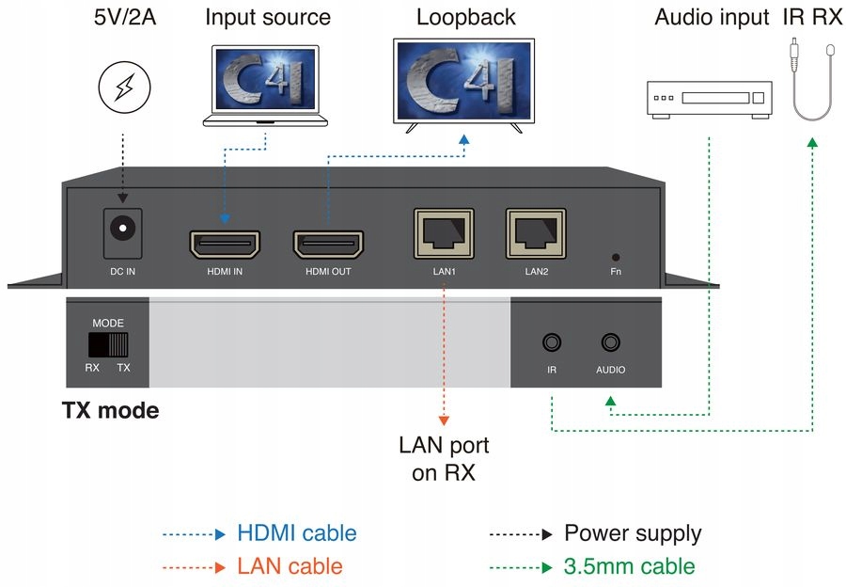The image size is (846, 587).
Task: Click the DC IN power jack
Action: point(123,230)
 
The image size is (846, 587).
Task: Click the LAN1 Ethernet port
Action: point(445,232)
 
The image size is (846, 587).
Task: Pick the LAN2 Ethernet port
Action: point(537,232)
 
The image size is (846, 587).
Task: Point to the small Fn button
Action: point(616,256)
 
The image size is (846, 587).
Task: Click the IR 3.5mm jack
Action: point(552,344)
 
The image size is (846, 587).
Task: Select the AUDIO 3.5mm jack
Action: point(611,344)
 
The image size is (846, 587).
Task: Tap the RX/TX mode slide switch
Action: point(108,343)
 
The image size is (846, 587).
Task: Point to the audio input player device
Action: point(710,99)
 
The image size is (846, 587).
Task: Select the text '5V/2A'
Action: point(124,17)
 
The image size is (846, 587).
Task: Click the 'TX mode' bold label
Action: point(110,411)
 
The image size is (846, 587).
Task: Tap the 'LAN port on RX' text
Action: point(444,458)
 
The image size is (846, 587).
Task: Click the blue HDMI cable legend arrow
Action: point(195,534)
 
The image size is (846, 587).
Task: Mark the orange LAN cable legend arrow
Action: point(195,566)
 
